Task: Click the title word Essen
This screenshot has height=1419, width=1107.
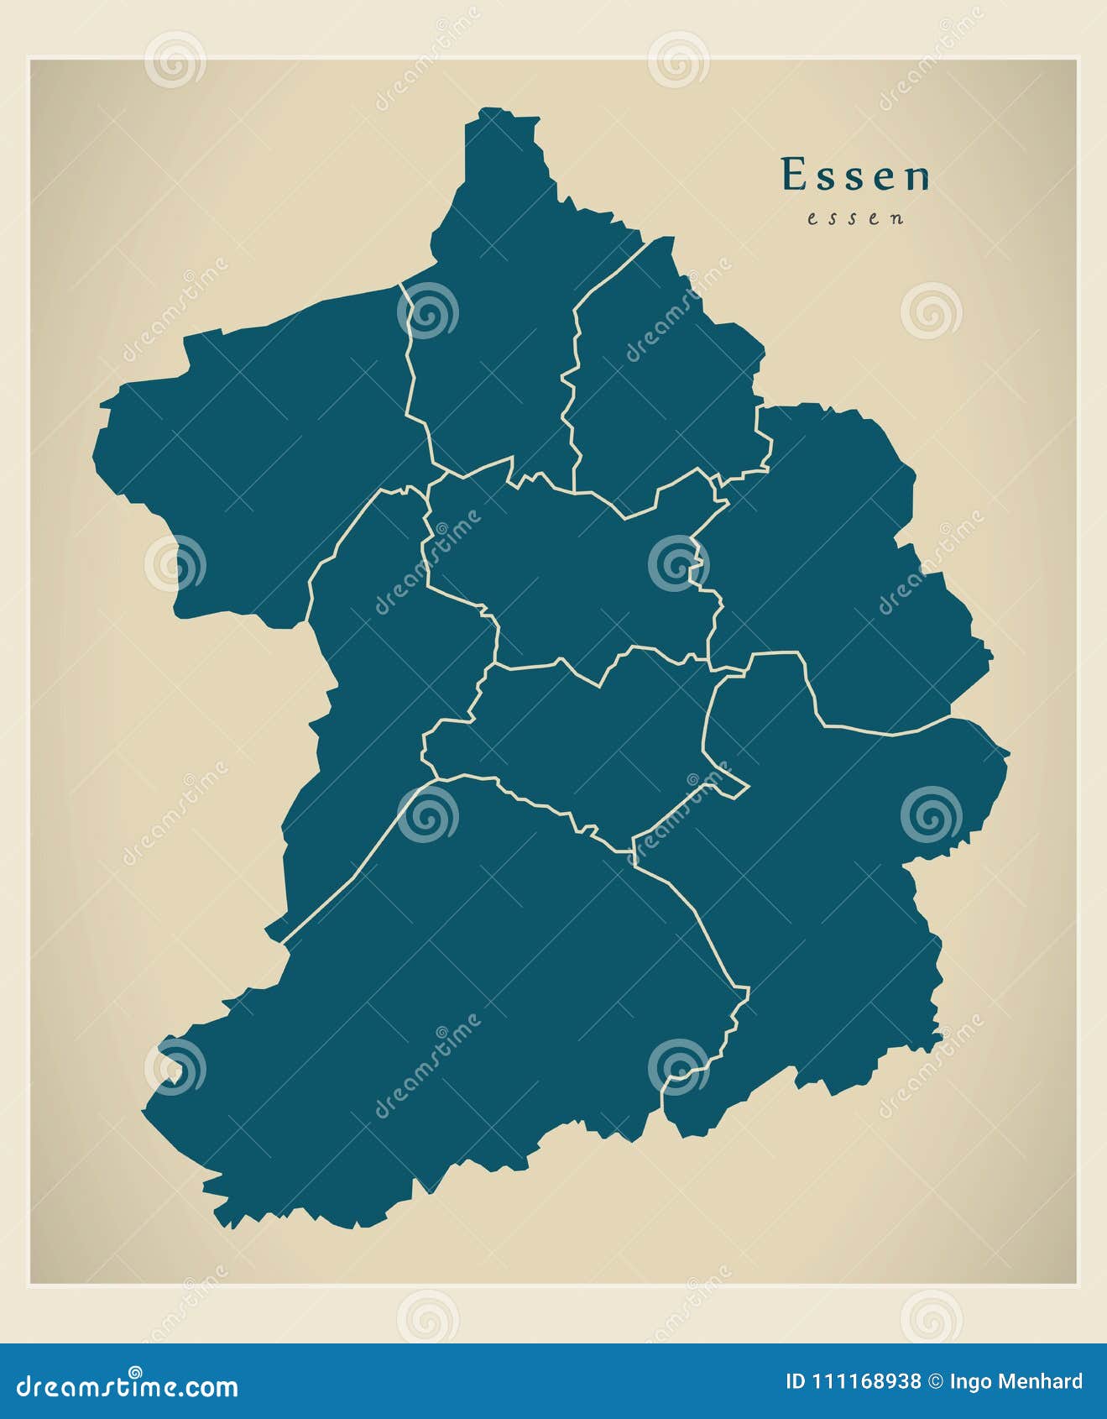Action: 855,175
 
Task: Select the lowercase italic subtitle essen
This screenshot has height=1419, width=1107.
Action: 856,218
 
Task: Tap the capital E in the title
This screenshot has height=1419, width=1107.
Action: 791,175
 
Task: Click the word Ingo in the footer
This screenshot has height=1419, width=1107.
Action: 974,1382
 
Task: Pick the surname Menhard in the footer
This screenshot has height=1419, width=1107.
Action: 1045,1381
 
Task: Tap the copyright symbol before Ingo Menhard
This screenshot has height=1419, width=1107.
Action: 935,1381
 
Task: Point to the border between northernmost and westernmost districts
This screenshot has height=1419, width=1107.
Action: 411,369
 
